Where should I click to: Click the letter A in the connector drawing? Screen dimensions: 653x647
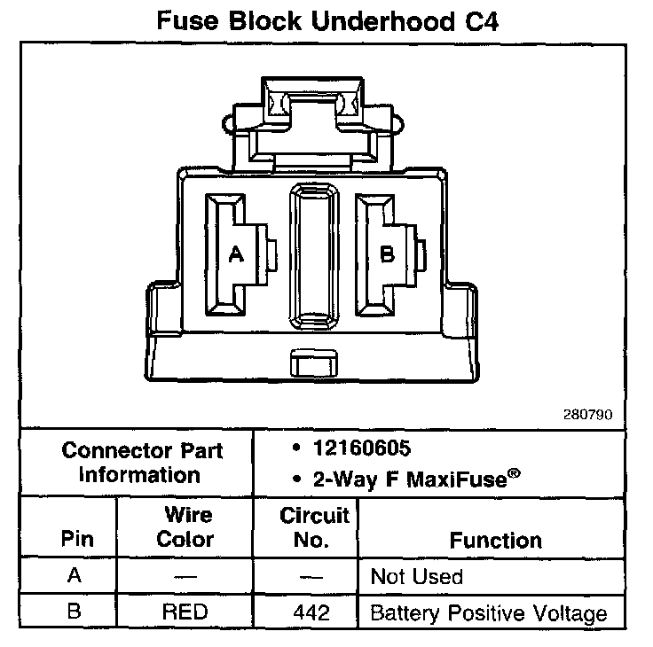(x=236, y=255)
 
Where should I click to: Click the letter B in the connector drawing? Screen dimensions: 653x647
(x=387, y=255)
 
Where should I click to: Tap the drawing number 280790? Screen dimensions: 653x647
(x=586, y=414)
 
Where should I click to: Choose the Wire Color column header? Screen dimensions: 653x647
(x=186, y=527)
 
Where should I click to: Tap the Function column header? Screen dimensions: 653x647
(x=495, y=540)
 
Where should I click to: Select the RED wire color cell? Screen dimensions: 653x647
(x=185, y=612)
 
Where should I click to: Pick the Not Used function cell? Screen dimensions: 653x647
(x=416, y=577)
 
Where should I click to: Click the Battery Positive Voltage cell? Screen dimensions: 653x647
(x=488, y=612)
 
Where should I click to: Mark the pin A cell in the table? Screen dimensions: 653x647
(x=75, y=576)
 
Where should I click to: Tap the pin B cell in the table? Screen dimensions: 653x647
(x=75, y=612)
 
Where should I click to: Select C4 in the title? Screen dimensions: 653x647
(x=477, y=21)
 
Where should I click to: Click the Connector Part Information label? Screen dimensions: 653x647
(x=142, y=462)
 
